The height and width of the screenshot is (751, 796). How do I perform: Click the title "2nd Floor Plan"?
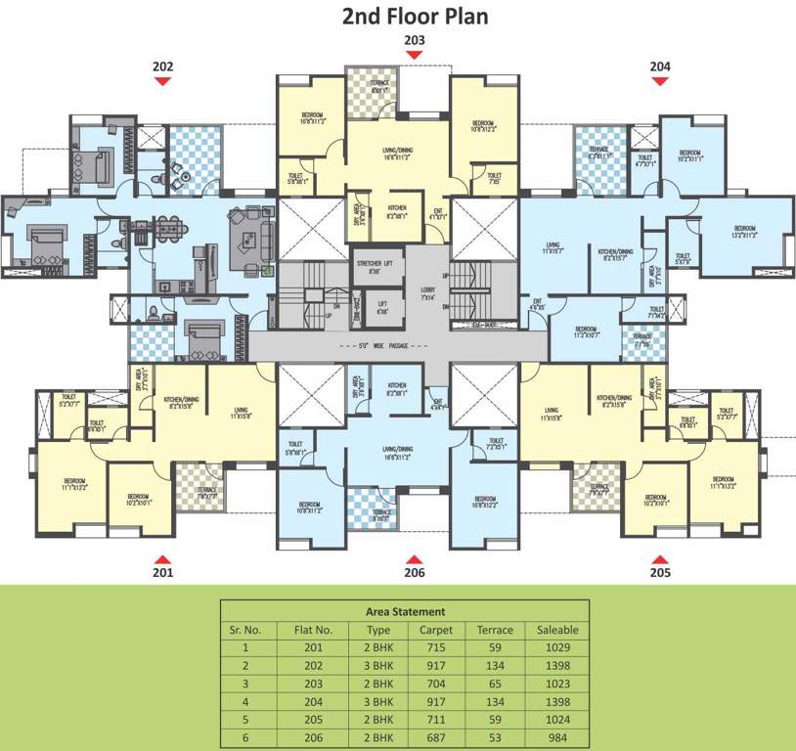point(414,17)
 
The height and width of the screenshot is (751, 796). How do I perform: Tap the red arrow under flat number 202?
point(162,82)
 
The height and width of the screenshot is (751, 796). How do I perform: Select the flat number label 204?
point(661,66)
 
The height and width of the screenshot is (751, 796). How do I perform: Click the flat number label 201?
point(162,573)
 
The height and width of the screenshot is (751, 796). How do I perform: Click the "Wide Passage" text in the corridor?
point(399,345)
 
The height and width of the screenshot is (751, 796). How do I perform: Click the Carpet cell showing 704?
point(436,683)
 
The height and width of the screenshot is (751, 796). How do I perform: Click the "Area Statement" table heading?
point(405,611)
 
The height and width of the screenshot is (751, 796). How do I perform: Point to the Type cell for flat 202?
point(378,665)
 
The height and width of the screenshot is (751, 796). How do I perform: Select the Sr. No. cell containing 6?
point(245,735)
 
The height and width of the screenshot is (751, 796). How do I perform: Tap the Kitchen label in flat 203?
point(396,208)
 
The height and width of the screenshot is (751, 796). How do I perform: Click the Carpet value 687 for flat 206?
point(436,735)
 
